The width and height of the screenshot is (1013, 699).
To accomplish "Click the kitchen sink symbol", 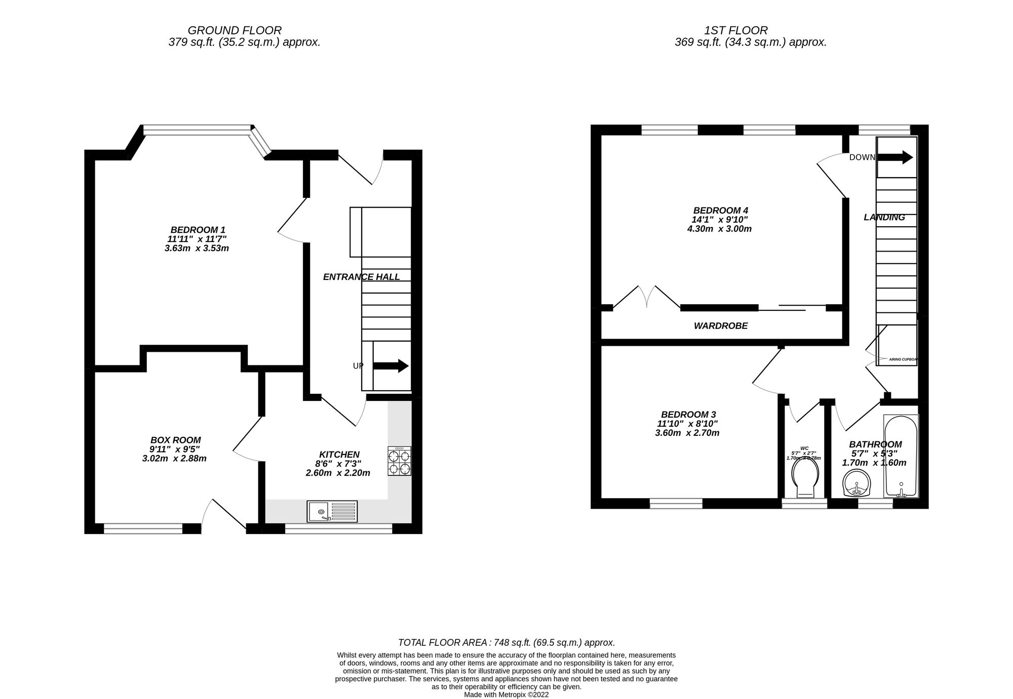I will tap(332, 511).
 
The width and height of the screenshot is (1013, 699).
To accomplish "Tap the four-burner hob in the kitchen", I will tap(400, 461).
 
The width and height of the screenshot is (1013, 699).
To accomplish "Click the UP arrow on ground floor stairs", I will tap(391, 365).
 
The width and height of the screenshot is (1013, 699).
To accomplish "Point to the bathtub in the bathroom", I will tap(901, 456).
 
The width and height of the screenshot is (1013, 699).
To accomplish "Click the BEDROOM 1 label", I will tap(198, 230).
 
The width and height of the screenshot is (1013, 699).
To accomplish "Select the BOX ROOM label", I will tap(175, 440).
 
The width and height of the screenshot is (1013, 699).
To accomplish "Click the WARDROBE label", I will tap(720, 326).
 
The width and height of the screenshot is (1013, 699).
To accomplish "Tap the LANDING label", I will tap(884, 218).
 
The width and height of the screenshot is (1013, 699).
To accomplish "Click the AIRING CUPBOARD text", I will tap(903, 359).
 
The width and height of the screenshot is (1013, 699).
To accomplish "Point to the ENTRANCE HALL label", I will tap(361, 277).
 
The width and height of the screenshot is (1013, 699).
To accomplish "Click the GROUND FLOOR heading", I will tap(235, 30).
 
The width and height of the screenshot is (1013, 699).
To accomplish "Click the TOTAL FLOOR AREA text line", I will tap(506, 643).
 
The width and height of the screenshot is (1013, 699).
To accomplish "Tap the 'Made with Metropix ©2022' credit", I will tap(506, 695).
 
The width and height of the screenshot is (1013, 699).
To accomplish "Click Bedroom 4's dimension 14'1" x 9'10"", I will tap(720, 220).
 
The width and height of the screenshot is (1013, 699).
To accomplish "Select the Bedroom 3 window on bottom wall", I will tap(676, 503).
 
